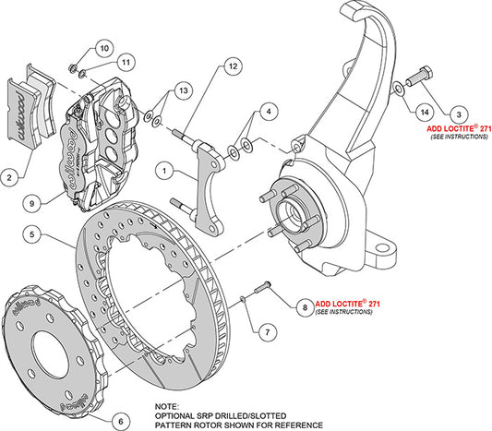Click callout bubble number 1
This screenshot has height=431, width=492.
coord(163,170)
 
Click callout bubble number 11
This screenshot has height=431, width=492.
coord(125,63)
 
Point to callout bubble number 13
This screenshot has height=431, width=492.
coord(185,90)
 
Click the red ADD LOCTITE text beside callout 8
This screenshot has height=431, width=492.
coord(347,303)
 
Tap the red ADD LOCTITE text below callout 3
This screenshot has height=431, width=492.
coord(458,130)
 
